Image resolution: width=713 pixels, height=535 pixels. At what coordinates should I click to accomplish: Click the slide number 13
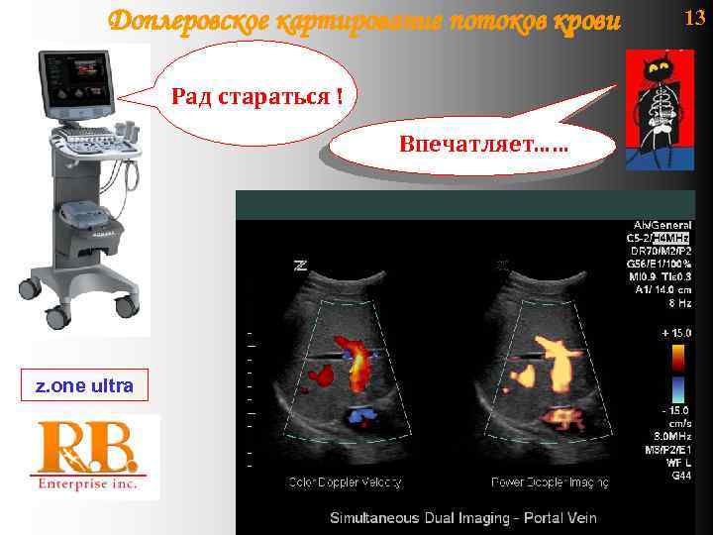(694, 17)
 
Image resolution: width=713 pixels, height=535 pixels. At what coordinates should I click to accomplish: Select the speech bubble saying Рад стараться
(257, 98)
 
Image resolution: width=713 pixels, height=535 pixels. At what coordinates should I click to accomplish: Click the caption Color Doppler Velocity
(344, 482)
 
